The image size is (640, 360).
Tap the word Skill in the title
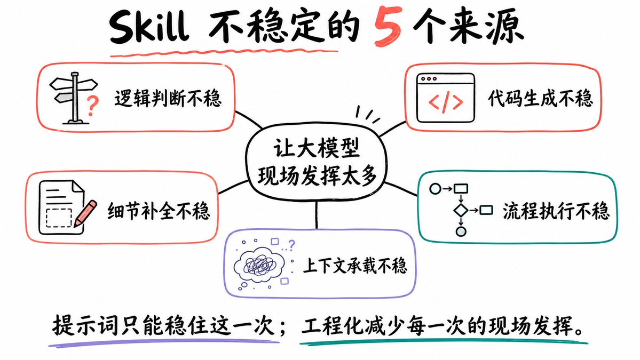[149, 27]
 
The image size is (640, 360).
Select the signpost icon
[73, 98]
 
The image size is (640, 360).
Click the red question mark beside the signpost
[93, 106]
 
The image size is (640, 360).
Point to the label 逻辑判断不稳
[168, 98]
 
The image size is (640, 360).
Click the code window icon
[446, 98]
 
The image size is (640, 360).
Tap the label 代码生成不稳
[540, 98]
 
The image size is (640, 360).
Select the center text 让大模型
[317, 148]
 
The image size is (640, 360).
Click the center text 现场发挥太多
[317, 176]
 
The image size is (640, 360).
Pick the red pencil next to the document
[85, 213]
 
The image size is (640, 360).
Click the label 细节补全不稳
[159, 211]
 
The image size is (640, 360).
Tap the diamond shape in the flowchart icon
[461, 210]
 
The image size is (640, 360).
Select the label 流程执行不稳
[556, 211]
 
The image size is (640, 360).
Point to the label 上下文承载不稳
[354, 266]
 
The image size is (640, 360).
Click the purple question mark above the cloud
[291, 245]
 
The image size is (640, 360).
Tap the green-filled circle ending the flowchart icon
[461, 231]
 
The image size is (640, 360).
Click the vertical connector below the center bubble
[317, 215]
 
